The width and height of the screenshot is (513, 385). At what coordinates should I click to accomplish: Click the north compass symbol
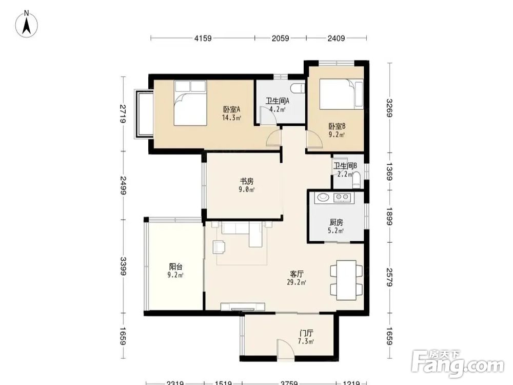(x=27, y=24)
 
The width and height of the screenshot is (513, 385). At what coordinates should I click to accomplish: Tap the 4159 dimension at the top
(x=203, y=38)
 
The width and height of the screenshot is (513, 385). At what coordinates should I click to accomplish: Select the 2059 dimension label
(x=281, y=38)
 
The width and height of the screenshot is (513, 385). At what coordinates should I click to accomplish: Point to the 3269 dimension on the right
(x=389, y=108)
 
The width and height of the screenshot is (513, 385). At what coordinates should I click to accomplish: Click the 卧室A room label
(x=232, y=109)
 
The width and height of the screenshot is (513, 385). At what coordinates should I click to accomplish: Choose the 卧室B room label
(x=337, y=126)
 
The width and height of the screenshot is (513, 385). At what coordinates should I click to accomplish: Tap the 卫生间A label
(x=278, y=101)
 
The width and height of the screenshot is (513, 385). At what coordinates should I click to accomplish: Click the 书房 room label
(x=247, y=181)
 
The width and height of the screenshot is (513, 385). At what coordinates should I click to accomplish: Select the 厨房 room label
(x=336, y=222)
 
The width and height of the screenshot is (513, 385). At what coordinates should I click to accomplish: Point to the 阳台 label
(x=175, y=266)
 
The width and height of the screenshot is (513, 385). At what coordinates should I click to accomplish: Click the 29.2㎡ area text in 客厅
(x=297, y=282)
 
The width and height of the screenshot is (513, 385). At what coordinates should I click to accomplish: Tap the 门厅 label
(x=306, y=334)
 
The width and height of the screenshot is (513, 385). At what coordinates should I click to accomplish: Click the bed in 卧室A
(x=190, y=103)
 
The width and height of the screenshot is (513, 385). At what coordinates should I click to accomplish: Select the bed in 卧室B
(x=341, y=94)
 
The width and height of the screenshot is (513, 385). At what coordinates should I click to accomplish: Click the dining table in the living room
(x=346, y=280)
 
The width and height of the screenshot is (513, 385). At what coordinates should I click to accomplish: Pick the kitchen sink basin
(x=323, y=197)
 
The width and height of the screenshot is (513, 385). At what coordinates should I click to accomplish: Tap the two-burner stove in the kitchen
(x=342, y=197)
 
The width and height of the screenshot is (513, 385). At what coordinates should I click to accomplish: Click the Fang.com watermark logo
(x=458, y=363)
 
